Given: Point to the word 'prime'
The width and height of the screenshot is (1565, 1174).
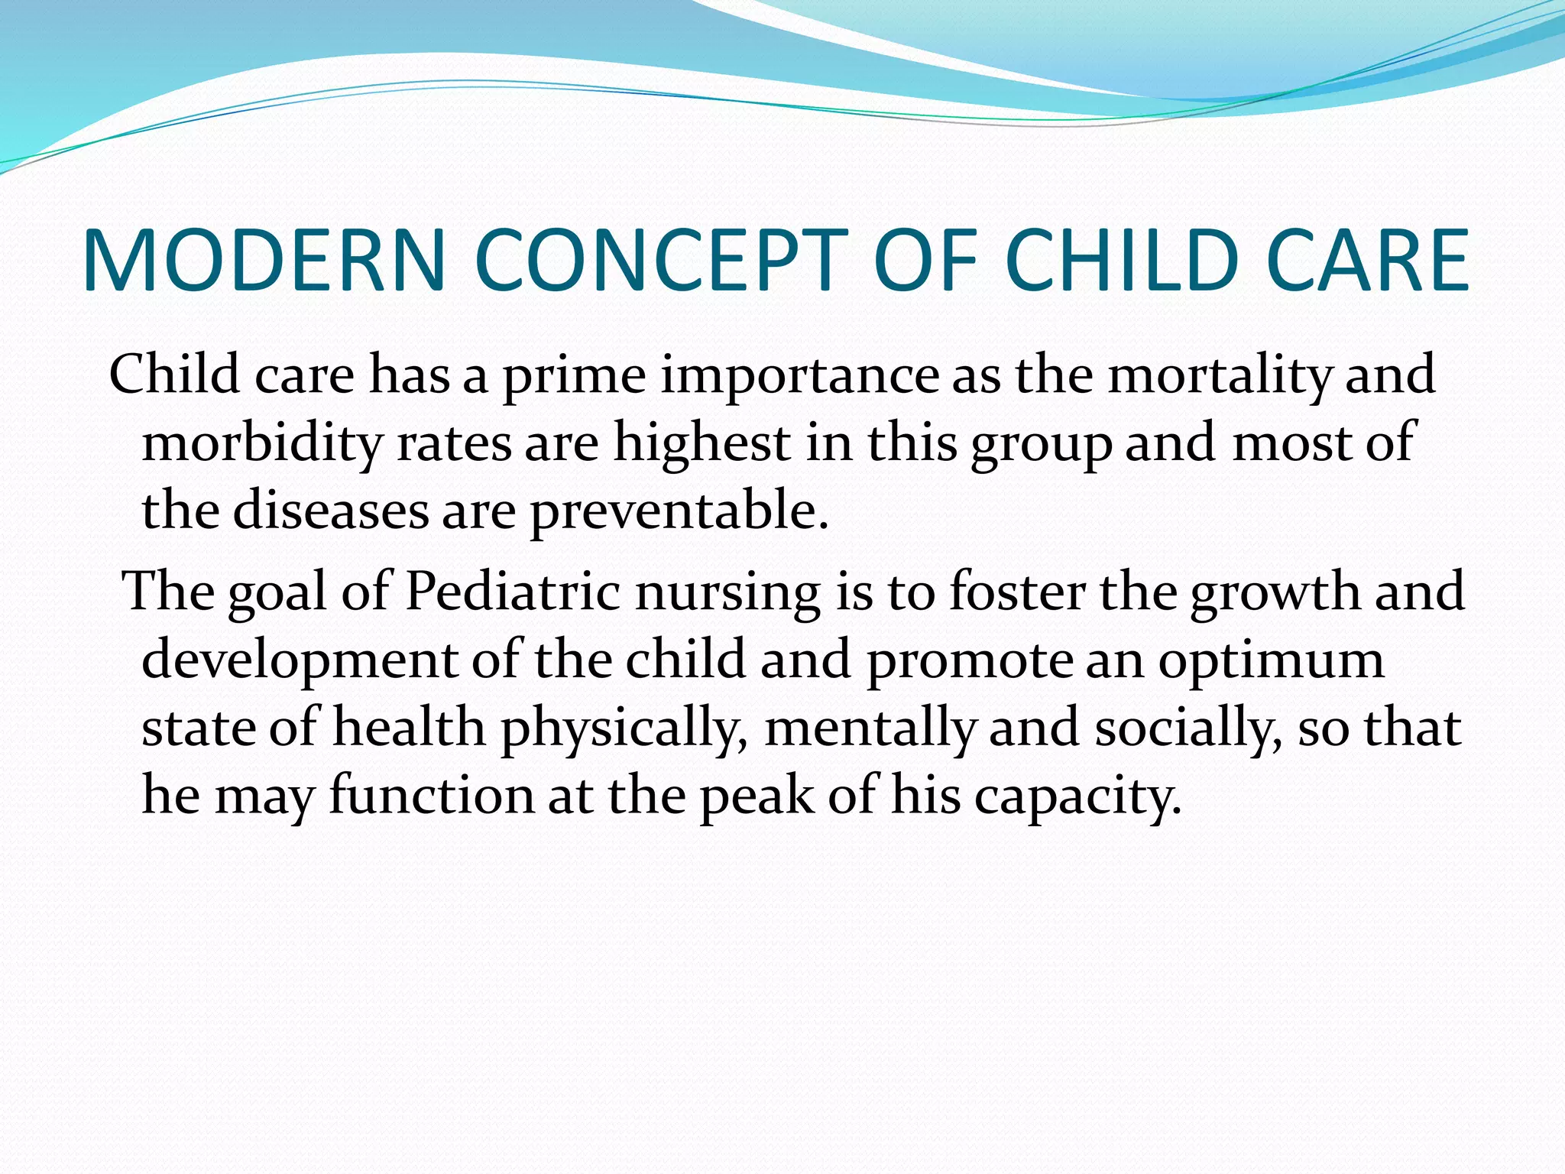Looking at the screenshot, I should coord(574,377).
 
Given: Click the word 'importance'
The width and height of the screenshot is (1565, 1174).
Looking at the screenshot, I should coord(799,377).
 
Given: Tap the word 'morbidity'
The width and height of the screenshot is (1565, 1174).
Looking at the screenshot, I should coord(262,443).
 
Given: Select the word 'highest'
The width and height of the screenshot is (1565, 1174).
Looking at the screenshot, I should coord(702,443).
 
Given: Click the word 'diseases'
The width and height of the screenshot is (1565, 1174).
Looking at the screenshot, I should coord(330,511).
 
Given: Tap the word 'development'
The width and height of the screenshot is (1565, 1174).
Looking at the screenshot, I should coord(299,660).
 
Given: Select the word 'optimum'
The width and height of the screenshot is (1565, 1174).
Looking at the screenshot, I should coord(1271,660).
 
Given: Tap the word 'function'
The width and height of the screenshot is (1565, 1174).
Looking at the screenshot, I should coord(432,796).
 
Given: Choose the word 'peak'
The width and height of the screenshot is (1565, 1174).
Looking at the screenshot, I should coord(757,796).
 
